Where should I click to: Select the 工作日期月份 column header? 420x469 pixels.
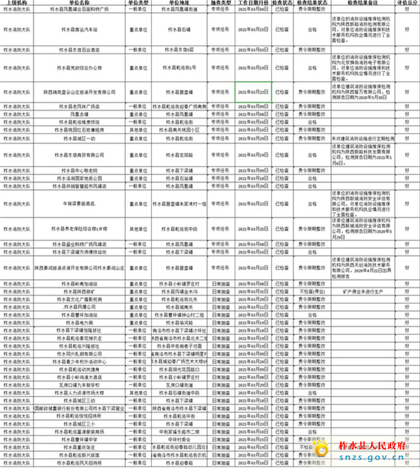click(x=253, y=3)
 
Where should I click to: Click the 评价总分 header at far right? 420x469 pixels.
click(x=407, y=3)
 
